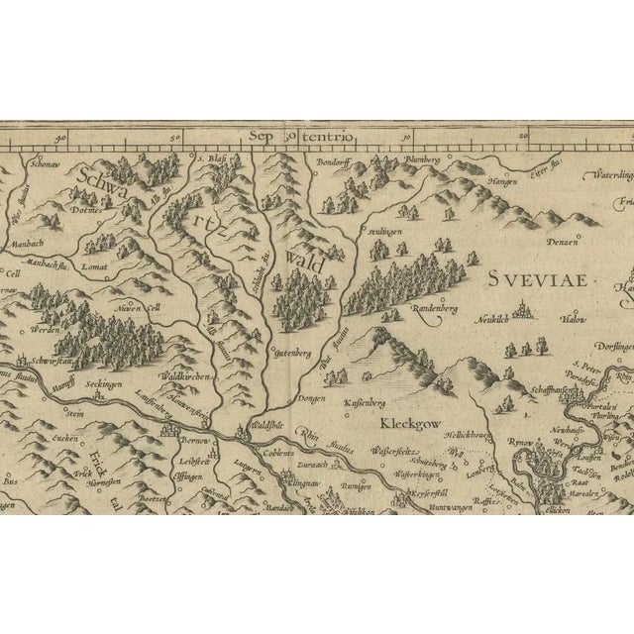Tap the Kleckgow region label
409,421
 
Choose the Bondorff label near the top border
334,158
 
